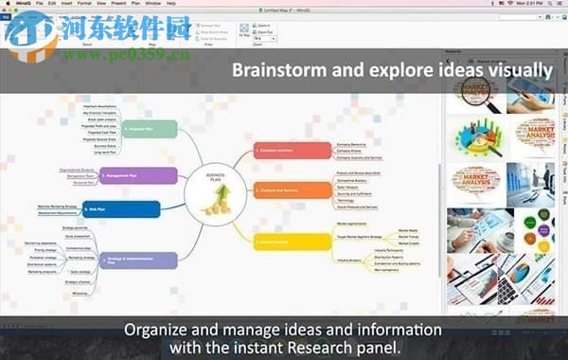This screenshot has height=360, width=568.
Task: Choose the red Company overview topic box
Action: (293, 149)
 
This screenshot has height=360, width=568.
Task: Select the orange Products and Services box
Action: (292, 190)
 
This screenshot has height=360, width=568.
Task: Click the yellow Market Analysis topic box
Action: (291, 242)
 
